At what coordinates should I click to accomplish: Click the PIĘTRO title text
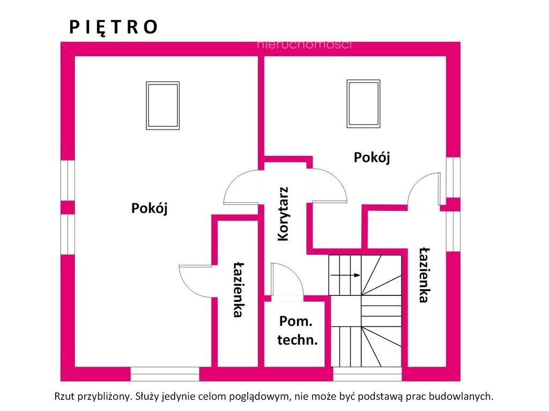[x=114, y=27]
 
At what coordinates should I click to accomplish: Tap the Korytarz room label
[x=283, y=214]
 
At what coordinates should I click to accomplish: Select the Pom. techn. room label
[x=297, y=330]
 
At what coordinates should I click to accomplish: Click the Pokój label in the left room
[x=150, y=208]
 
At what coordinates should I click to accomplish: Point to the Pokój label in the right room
[x=372, y=157]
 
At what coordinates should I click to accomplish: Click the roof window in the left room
[x=163, y=106]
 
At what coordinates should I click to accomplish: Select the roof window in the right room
[x=363, y=103]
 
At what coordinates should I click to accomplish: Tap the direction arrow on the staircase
[x=345, y=275]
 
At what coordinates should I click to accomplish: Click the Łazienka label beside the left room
[x=239, y=290]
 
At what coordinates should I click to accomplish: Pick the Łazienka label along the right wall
[x=425, y=275]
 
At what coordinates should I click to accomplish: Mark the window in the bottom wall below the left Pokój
[x=165, y=374]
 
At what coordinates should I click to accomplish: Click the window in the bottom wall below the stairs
[x=367, y=374]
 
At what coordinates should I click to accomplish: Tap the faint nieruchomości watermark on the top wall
[x=304, y=45]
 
